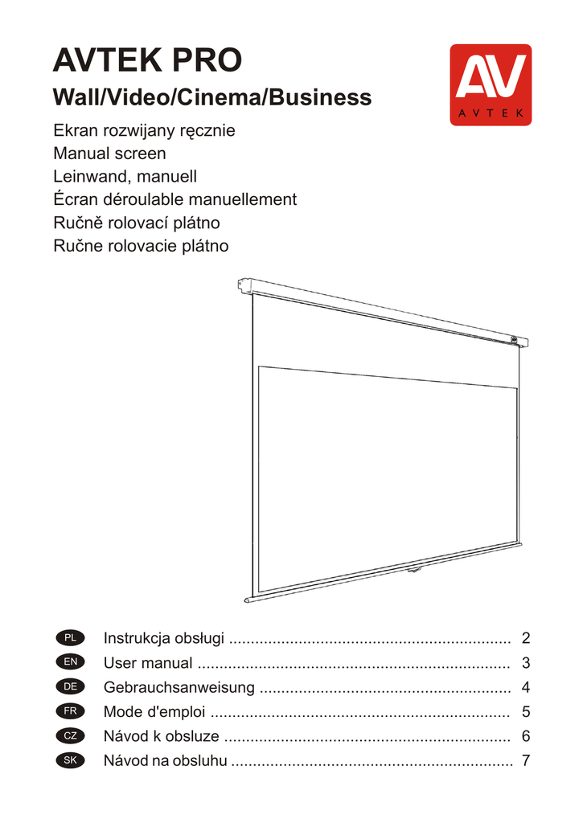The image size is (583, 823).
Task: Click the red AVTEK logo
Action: [x=490, y=84]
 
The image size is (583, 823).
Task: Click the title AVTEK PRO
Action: [x=146, y=59]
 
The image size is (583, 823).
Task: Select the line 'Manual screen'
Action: [x=109, y=153]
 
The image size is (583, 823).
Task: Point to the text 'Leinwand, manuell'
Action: [x=125, y=176]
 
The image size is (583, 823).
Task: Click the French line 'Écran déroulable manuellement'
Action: [x=174, y=199]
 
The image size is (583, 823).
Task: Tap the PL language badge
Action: [x=70, y=639]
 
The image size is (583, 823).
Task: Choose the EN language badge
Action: [x=70, y=663]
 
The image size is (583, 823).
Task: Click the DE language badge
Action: [x=70, y=687]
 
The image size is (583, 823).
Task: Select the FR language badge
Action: [x=70, y=711]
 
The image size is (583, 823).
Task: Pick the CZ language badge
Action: [x=70, y=736]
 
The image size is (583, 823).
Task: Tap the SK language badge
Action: [x=70, y=760]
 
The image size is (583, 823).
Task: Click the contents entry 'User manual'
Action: [x=148, y=663]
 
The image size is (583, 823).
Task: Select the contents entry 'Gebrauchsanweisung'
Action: [x=179, y=687]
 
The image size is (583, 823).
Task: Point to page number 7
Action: [x=526, y=760]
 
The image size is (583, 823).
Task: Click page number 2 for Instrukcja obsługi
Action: [x=526, y=639]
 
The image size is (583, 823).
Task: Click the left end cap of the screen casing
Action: [x=243, y=284]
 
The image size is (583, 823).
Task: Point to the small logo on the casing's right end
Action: [x=513, y=338]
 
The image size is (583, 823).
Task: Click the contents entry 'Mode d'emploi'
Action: [x=154, y=711]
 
